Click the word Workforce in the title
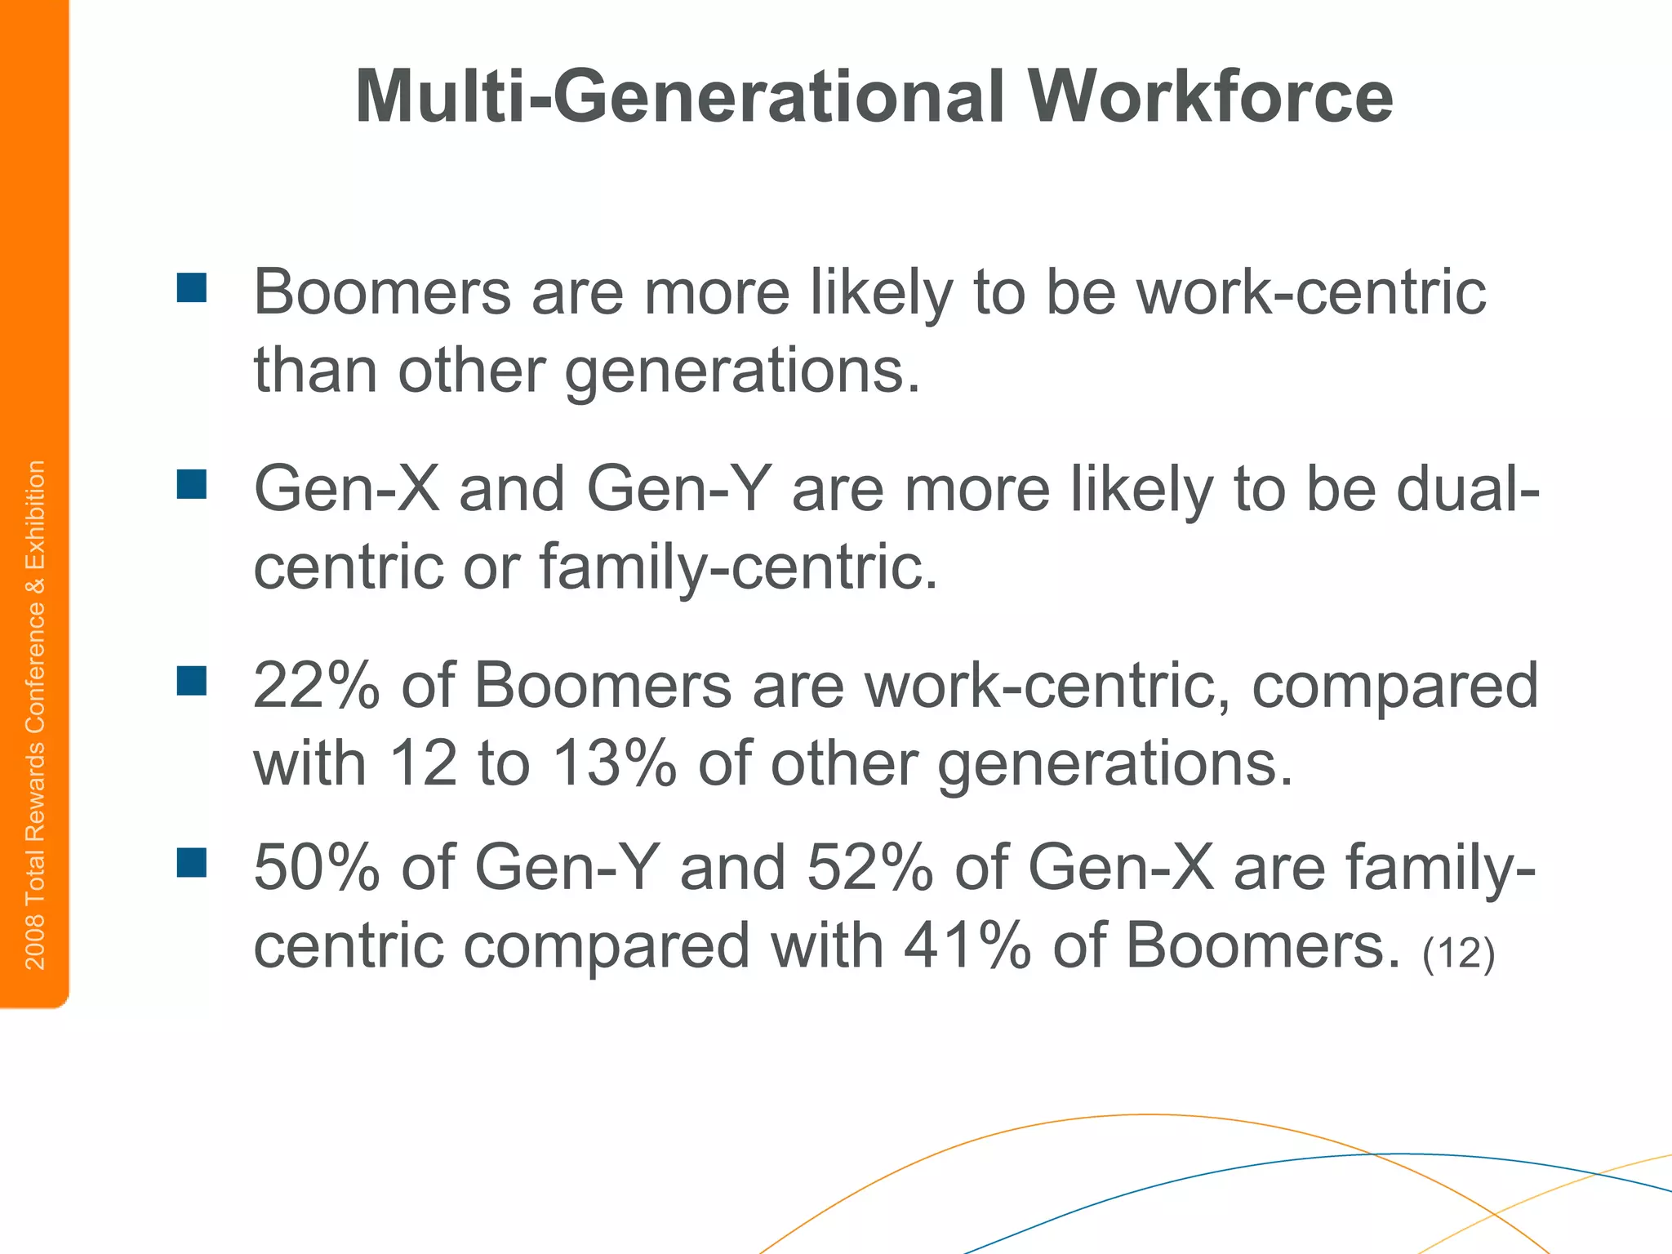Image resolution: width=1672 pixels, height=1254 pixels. point(1210,97)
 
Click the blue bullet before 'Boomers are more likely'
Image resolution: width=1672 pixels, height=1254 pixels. point(192,288)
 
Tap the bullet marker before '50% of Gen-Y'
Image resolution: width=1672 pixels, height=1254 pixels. point(192,862)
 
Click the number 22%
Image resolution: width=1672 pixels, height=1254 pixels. point(317,686)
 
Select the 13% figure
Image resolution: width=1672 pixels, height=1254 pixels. point(615,764)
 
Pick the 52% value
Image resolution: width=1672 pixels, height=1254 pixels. point(870,867)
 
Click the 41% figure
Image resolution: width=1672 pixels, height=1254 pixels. point(967,945)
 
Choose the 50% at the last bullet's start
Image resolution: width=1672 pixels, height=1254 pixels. point(317,867)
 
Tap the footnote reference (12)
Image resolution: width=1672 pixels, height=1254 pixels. point(1458,952)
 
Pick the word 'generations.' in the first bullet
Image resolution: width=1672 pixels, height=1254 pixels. point(742,370)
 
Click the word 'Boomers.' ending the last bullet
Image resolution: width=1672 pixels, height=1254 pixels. point(1262,945)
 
